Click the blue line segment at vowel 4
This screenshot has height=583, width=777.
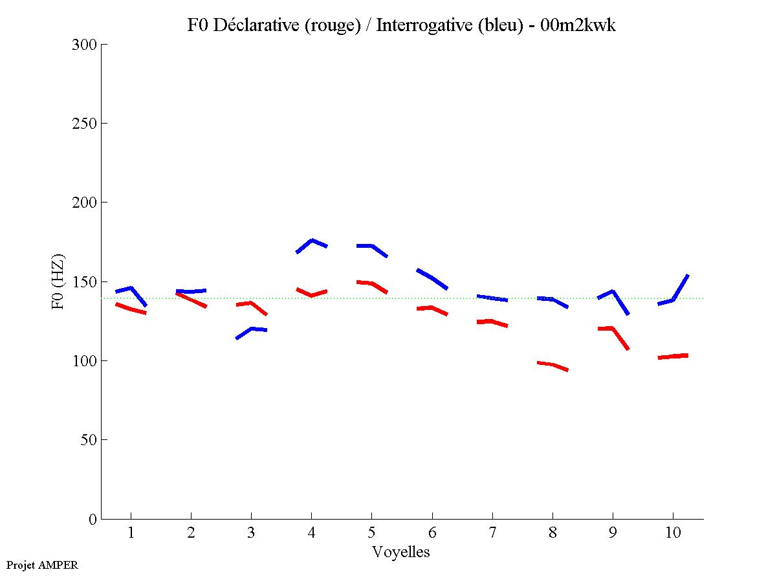click(312, 241)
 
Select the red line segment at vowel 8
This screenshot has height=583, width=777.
click(552, 365)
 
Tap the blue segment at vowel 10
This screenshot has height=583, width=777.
click(673, 300)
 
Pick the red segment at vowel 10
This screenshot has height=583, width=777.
click(673, 356)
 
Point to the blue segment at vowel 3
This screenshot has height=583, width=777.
click(252, 329)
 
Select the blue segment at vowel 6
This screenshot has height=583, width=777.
click(432, 278)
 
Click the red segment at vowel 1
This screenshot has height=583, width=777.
click(131, 309)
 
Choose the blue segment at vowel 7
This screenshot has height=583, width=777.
click(492, 298)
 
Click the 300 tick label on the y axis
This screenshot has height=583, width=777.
click(85, 45)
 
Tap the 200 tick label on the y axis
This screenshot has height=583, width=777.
click(85, 203)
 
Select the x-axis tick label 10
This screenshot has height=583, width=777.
click(673, 533)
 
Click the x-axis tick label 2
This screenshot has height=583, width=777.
click(191, 533)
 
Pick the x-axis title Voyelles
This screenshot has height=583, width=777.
click(400, 552)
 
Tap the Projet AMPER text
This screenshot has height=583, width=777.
click(42, 565)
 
